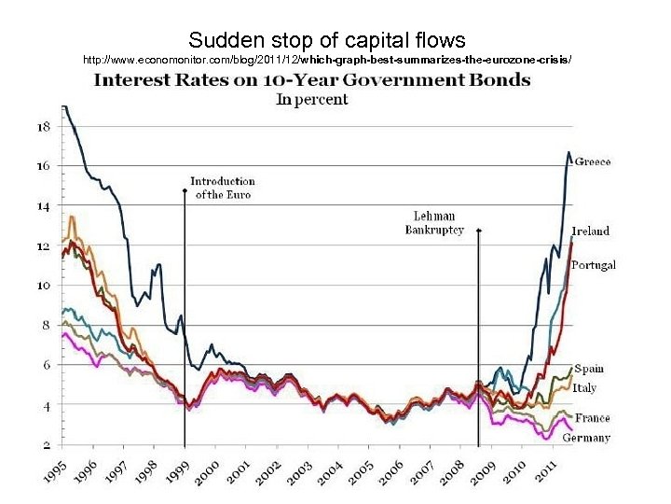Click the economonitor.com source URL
click(x=327, y=60)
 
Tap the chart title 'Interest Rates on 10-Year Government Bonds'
click(x=312, y=80)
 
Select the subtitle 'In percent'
click(x=312, y=99)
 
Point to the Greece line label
click(x=593, y=161)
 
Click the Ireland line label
click(x=591, y=231)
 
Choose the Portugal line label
click(x=594, y=265)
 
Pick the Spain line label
click(x=588, y=369)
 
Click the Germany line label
click(x=587, y=437)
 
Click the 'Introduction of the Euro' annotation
click(x=223, y=188)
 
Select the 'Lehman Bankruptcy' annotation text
click(x=433, y=223)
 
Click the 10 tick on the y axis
click(x=43, y=285)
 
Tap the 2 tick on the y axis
click(x=45, y=443)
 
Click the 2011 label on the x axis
click(x=549, y=472)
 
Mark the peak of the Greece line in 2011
click(x=568, y=152)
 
